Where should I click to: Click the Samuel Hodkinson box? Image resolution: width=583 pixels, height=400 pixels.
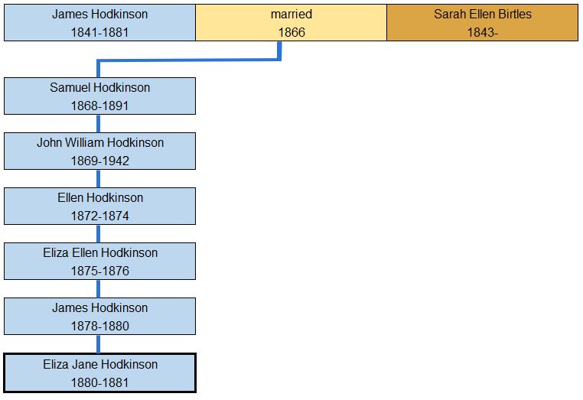[99, 96]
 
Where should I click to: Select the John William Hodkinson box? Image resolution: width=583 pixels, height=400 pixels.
[99, 151]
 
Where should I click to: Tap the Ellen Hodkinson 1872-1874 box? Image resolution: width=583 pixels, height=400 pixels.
[99, 207]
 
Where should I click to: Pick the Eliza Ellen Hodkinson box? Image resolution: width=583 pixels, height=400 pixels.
[99, 262]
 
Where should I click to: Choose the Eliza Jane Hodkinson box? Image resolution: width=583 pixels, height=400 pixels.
[99, 373]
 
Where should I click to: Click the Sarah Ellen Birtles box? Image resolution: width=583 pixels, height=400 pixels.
[482, 23]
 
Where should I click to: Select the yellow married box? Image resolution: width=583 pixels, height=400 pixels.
[291, 23]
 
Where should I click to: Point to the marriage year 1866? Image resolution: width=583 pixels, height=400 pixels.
[291, 32]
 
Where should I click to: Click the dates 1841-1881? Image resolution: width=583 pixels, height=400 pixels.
[99, 32]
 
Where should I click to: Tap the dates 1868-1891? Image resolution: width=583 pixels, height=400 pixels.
[99, 106]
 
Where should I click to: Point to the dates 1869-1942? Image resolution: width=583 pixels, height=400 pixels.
[99, 161]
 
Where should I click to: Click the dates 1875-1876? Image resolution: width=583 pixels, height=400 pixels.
[99, 271]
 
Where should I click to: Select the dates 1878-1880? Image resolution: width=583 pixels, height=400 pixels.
[99, 326]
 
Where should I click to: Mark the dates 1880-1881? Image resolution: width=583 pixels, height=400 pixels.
[99, 382]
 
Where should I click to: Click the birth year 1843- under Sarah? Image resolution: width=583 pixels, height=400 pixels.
[482, 32]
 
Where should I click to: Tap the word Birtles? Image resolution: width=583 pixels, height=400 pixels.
[513, 14]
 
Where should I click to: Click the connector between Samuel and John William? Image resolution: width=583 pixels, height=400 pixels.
[99, 124]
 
